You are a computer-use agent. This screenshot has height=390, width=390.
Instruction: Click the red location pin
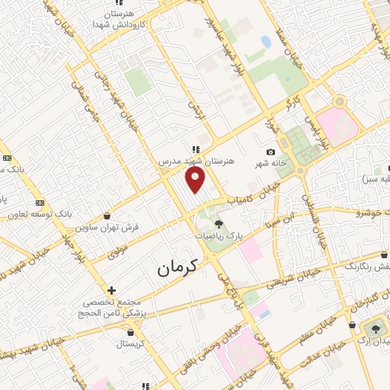(196, 180)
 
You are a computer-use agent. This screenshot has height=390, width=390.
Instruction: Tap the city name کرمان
(177, 267)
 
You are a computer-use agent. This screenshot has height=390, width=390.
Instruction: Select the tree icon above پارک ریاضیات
(219, 224)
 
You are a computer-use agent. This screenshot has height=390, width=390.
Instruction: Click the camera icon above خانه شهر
(271, 152)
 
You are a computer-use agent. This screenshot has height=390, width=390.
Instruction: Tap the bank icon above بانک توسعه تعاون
(40, 203)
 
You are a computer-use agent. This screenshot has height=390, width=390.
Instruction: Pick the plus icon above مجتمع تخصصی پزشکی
(111, 290)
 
